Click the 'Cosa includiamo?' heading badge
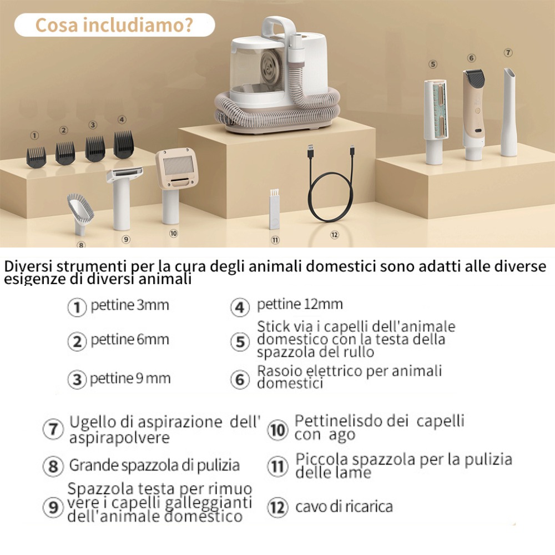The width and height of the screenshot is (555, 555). (114, 25)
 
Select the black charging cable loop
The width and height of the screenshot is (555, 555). (331, 196)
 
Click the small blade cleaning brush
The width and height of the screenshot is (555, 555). (274, 209)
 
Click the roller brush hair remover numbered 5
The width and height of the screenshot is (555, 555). (435, 122)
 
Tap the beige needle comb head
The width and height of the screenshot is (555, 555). (176, 169)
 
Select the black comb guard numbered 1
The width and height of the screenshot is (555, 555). (36, 157)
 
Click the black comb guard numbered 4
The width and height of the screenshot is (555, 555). (124, 144)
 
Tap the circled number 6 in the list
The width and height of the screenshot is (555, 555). (240, 380)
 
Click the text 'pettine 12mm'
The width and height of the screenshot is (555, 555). (300, 304)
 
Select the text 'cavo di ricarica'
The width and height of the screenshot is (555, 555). (344, 507)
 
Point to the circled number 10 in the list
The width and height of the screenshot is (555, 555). (277, 430)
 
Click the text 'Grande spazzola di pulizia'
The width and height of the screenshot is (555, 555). (154, 465)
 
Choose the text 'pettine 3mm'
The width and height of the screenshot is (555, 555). (129, 305)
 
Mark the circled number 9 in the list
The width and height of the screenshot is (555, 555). (53, 507)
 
